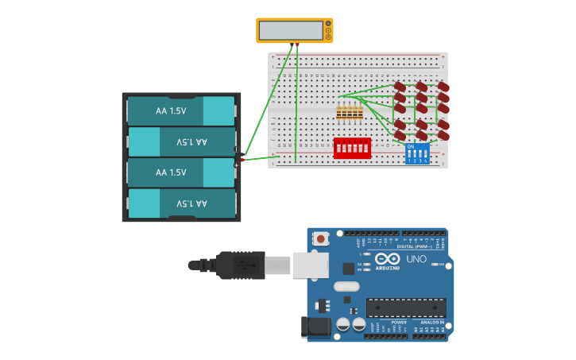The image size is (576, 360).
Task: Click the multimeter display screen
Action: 291,30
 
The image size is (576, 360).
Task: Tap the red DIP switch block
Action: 351,148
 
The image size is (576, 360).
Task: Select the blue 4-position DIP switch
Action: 417,153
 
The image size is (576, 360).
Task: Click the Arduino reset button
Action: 320,238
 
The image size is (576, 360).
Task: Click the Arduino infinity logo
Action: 388,259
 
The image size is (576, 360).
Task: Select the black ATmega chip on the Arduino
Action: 405,308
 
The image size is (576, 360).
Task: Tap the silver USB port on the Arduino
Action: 310,265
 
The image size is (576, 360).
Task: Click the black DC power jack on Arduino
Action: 315,327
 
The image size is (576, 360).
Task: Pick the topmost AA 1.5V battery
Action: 181,111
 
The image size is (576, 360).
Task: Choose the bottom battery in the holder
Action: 181,203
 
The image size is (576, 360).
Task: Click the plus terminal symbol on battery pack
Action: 236,165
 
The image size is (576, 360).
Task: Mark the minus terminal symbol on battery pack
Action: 236,149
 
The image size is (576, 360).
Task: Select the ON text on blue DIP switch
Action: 410,147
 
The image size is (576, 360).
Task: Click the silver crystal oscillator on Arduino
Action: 346,286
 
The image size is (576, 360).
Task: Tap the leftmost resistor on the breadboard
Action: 339,112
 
